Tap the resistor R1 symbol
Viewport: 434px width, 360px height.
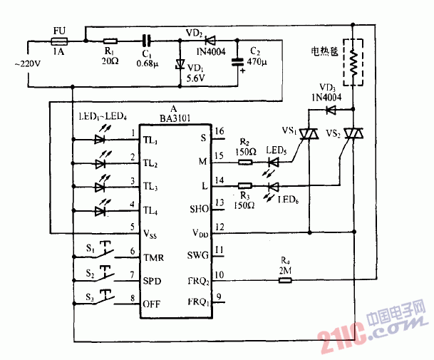click(110, 41)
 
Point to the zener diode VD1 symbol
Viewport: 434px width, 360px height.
click(180, 64)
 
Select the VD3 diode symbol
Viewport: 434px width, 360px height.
click(330, 110)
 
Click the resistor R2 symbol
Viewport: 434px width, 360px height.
click(244, 163)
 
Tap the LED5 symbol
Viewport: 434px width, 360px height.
click(272, 163)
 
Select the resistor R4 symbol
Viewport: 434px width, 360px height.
click(284, 280)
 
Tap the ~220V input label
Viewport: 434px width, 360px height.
click(29, 64)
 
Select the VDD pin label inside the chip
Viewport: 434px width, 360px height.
click(200, 232)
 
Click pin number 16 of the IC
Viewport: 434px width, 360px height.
click(219, 131)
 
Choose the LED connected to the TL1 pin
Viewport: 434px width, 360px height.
click(100, 139)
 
